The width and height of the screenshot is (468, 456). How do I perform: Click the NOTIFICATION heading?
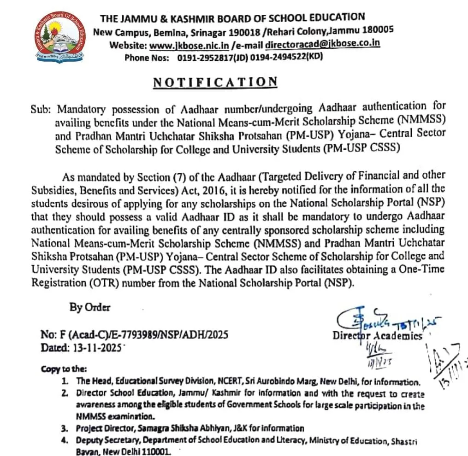click(215, 82)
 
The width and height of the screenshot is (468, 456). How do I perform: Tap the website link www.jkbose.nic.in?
click(189, 45)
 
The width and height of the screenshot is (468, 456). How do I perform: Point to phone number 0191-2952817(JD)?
click(207, 58)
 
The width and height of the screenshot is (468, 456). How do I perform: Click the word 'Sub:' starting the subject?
click(42, 110)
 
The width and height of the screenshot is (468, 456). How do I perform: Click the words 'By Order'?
click(90, 308)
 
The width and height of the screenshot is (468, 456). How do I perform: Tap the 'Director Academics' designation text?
click(377, 336)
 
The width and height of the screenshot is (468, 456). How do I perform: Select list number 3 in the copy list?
click(65, 428)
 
